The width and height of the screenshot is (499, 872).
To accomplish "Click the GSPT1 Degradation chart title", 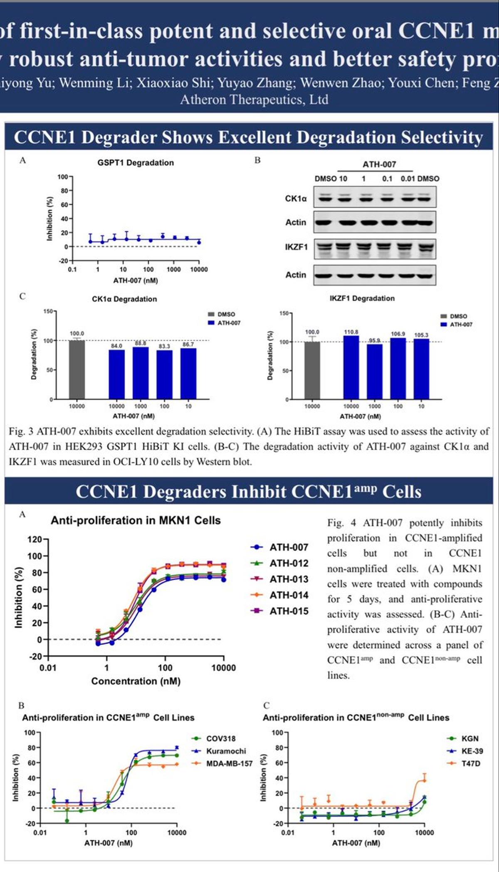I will pos(136,163).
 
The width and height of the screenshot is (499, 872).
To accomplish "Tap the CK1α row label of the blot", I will pos(296,198).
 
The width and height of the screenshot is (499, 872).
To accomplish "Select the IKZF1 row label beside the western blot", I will pos(296,247).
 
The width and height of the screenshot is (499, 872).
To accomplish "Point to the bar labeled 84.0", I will pos(116,374).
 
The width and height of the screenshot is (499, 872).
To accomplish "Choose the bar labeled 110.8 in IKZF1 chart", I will pos(351,367).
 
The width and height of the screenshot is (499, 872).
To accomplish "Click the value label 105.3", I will pos(421,335).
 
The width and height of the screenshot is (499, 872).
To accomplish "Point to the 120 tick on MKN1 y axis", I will pos(35,540).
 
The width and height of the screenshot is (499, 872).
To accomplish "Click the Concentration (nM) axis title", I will pos(136,681).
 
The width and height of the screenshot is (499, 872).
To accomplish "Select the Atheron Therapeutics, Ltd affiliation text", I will pos(254,100).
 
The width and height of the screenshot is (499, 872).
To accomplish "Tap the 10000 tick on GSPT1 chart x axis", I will pos(199,270).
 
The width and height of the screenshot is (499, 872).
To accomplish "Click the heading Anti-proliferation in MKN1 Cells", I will pos(136,520).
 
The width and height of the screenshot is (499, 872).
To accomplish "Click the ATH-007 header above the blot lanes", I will pos(379,164).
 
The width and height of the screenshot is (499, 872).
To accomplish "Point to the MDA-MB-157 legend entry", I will pos(229,763).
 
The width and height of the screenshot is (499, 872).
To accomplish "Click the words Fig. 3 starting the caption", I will pos(20,431).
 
